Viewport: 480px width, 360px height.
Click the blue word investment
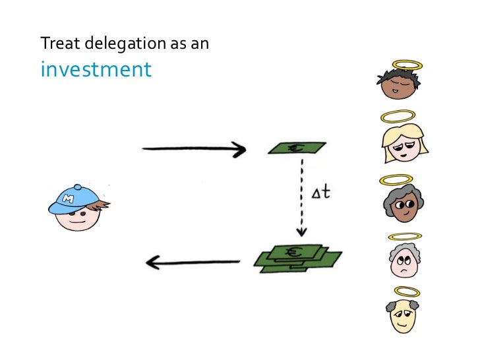(96, 69)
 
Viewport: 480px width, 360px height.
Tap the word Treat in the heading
(55, 44)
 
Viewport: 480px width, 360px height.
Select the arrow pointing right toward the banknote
(194, 149)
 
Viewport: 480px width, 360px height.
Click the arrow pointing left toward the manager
(192, 263)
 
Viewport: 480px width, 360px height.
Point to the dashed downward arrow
(301, 198)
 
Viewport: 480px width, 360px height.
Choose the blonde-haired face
(402, 144)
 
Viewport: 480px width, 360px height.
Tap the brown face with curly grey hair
(402, 203)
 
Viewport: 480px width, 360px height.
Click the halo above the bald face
(405, 291)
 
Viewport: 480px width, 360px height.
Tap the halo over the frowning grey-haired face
(404, 236)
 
